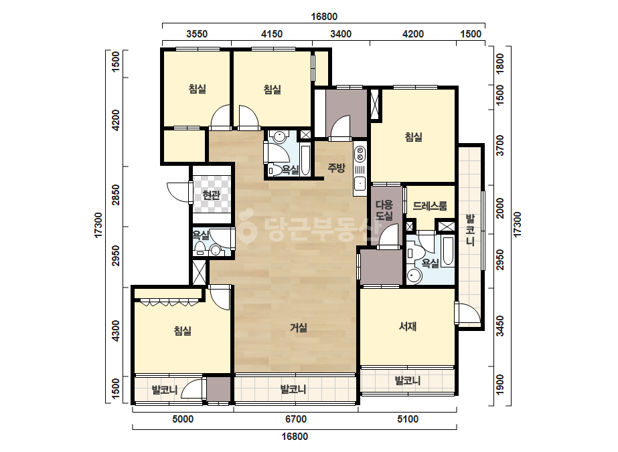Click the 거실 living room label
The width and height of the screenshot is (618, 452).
tap(299, 328)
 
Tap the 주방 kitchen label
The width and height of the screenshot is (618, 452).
tap(336, 168)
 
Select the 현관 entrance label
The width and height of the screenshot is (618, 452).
tap(211, 195)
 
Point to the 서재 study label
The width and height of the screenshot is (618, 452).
tap(408, 326)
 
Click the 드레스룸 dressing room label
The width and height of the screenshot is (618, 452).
tap(430, 205)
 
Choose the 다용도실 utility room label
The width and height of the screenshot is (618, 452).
tap(384, 210)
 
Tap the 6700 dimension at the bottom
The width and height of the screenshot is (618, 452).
tap(296, 419)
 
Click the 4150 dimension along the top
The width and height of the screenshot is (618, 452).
tap(272, 34)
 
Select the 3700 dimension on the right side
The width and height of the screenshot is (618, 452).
tap(499, 145)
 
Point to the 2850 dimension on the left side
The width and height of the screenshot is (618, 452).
tap(115, 195)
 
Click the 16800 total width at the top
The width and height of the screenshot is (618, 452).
tap(324, 17)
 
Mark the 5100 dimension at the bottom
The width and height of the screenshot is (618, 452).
tap(408, 419)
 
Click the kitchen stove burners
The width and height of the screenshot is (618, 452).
tap(360, 153)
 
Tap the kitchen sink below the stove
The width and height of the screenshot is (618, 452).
tap(360, 183)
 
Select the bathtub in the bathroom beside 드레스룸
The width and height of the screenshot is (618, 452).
tap(448, 251)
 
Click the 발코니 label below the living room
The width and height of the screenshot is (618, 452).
tap(293, 389)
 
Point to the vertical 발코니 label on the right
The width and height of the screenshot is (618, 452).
tap(470, 230)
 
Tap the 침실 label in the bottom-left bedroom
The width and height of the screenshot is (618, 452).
tap(183, 330)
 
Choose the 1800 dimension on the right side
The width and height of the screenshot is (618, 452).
tap(499, 64)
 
